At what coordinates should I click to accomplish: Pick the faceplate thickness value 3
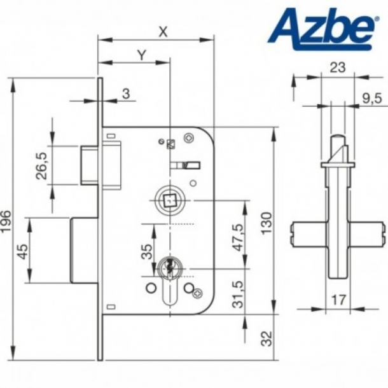click(125, 94)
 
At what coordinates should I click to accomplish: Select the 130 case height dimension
click(267, 221)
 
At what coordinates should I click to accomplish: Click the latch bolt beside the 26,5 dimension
click(88, 165)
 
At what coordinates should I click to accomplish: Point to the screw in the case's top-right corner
click(188, 137)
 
